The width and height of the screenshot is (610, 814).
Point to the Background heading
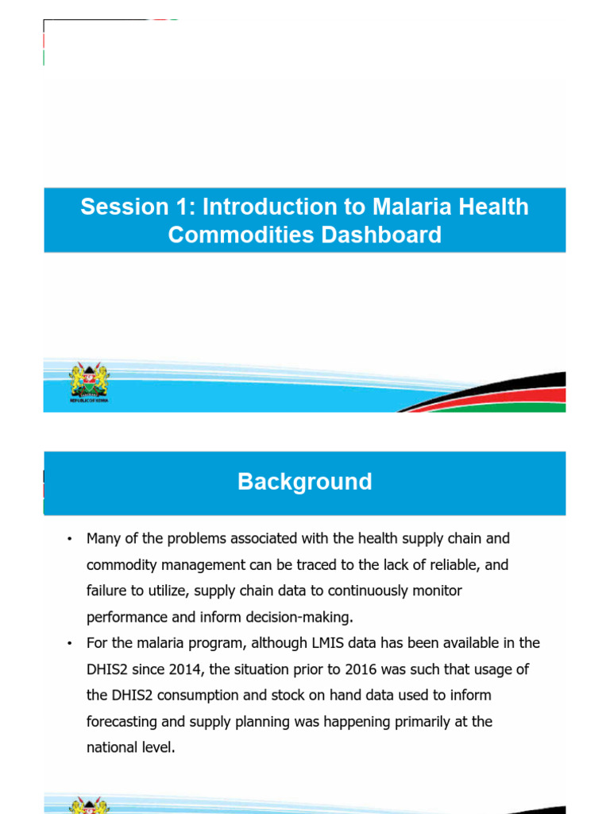[304, 482]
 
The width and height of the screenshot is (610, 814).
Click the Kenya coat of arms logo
[89, 383]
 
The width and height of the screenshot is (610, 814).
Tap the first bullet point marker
[70, 539]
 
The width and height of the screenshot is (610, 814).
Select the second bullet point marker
[70, 643]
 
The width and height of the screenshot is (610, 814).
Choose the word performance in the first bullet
[122, 617]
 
